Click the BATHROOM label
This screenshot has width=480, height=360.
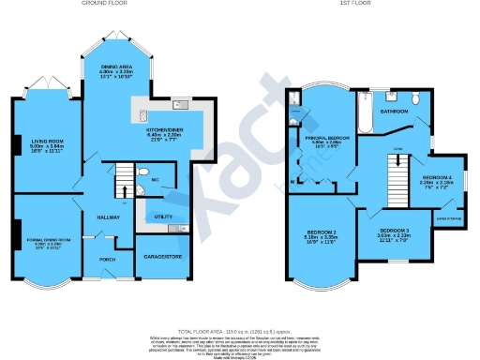point(394,111)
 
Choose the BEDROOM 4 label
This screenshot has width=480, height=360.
point(436,177)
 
